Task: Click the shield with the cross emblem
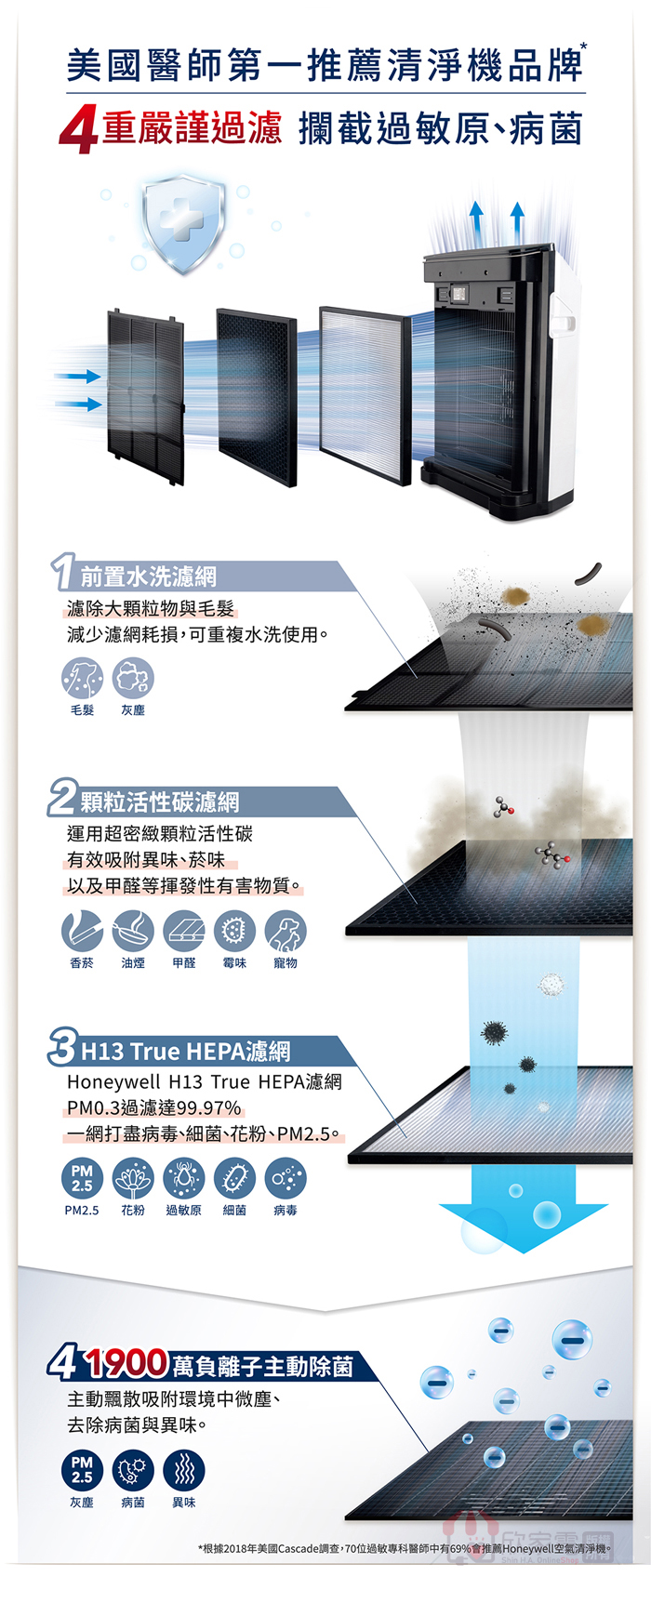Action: (x=183, y=225)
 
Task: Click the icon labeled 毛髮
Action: (x=82, y=678)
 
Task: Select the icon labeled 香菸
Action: (x=82, y=931)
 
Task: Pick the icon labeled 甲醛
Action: (x=183, y=931)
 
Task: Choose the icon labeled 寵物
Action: (x=286, y=931)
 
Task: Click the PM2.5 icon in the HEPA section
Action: (x=82, y=1178)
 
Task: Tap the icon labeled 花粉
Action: (x=133, y=1178)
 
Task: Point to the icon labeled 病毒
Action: (x=286, y=1178)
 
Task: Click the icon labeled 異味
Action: (x=183, y=1470)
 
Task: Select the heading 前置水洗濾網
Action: (x=149, y=576)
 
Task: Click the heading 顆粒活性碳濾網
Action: (x=160, y=801)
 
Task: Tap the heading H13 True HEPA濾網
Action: (x=186, y=1051)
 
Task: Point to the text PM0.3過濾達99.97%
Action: (x=154, y=1107)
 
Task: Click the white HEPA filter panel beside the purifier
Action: (x=365, y=394)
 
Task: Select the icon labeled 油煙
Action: (x=133, y=931)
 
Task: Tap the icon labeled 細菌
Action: (x=234, y=1178)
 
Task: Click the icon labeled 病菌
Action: (x=133, y=1470)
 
